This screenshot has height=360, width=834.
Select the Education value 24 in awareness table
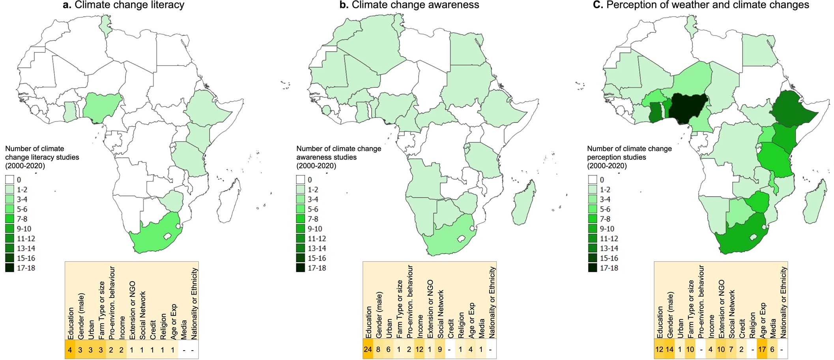click(368, 349)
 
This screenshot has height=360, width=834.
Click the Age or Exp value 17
click(763, 349)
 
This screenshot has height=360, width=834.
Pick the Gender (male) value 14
click(669, 349)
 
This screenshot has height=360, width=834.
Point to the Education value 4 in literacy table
click(70, 349)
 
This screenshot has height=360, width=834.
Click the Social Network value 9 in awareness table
click(440, 349)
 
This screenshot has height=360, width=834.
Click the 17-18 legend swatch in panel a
click(9, 268)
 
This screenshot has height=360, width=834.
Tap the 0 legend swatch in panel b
click(301, 180)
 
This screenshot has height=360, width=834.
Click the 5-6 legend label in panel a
click(22, 209)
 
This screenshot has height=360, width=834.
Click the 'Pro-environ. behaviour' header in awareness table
click(410, 302)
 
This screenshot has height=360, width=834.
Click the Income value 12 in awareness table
click(420, 349)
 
